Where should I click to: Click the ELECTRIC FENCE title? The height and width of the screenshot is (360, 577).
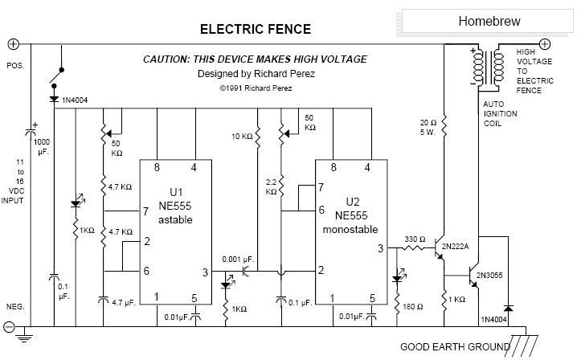(255, 30)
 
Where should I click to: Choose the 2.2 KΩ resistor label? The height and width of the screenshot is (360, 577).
(271, 188)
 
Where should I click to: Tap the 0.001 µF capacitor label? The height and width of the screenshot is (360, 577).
(241, 259)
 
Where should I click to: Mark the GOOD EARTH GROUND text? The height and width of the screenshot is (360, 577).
(456, 347)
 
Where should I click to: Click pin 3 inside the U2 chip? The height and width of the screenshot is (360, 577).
(379, 248)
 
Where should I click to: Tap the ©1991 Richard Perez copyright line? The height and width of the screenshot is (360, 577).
(254, 90)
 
